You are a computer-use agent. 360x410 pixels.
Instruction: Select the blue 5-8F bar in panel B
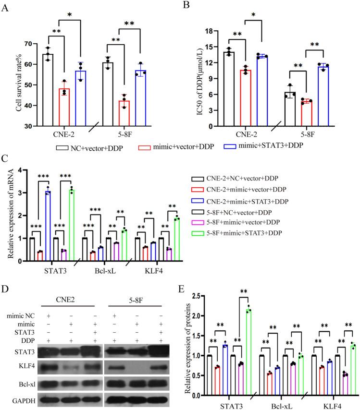pyautogui.click(x=315, y=96)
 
